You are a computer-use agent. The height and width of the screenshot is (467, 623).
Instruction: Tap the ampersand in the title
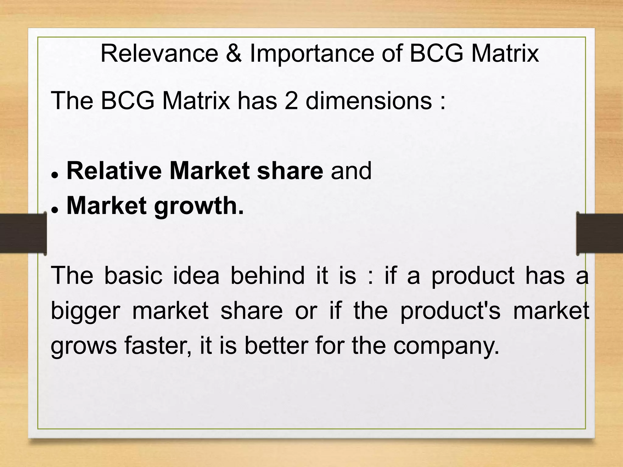(234, 54)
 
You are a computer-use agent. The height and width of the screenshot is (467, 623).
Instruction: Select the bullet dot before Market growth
(55, 209)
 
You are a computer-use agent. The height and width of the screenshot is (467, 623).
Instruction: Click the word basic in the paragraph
(133, 275)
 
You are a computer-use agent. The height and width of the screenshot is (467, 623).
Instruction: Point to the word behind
(267, 275)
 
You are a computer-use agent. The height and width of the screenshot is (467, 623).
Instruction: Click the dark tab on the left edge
(23, 233)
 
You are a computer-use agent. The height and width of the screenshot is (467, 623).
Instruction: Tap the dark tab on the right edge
(600, 233)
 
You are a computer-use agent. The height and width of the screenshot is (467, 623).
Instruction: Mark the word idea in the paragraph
(196, 275)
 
